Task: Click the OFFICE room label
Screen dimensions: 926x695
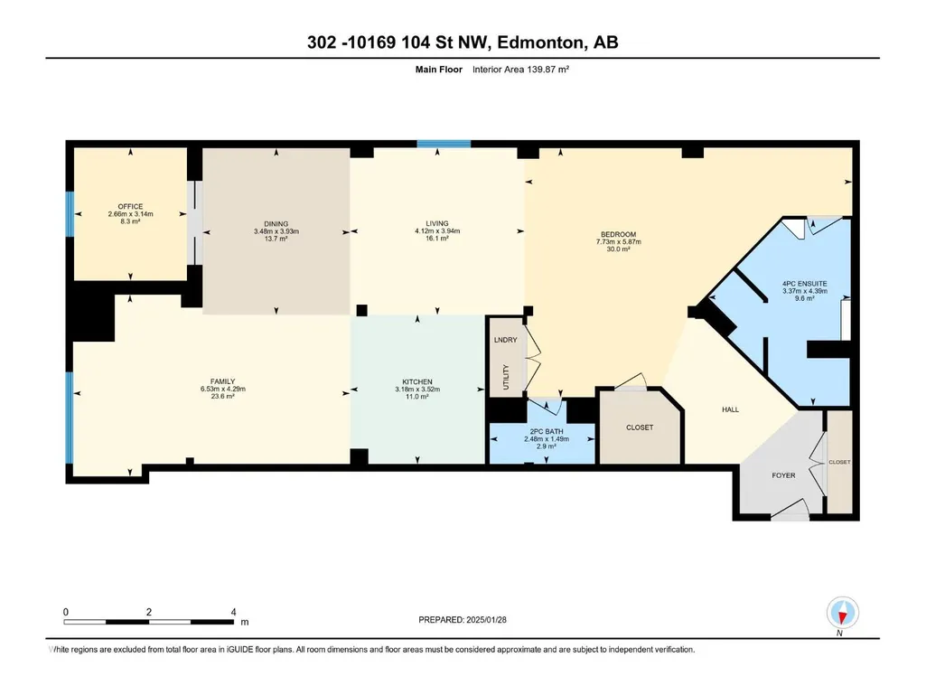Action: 130,206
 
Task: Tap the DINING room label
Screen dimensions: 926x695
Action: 276,224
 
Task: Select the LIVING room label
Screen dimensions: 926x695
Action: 437,223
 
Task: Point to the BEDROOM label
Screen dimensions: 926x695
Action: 618,234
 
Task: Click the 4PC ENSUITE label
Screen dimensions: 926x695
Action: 804,284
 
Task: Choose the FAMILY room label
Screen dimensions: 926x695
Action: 222,381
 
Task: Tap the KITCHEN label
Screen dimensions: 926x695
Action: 417,381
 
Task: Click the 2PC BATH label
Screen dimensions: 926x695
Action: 547,431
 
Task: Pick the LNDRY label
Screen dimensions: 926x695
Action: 506,340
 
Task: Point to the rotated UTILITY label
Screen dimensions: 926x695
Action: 506,377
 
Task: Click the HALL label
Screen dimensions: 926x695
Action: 731,409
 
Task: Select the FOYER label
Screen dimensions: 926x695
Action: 783,475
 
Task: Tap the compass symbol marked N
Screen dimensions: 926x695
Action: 843,613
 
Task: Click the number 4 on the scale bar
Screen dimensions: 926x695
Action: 234,612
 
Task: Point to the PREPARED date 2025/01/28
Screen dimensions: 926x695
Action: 487,620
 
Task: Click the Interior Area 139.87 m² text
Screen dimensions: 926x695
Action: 520,70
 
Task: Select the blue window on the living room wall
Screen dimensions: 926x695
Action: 444,144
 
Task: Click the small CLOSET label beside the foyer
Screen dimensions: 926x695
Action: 839,462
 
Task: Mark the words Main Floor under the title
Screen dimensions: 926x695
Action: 439,70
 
